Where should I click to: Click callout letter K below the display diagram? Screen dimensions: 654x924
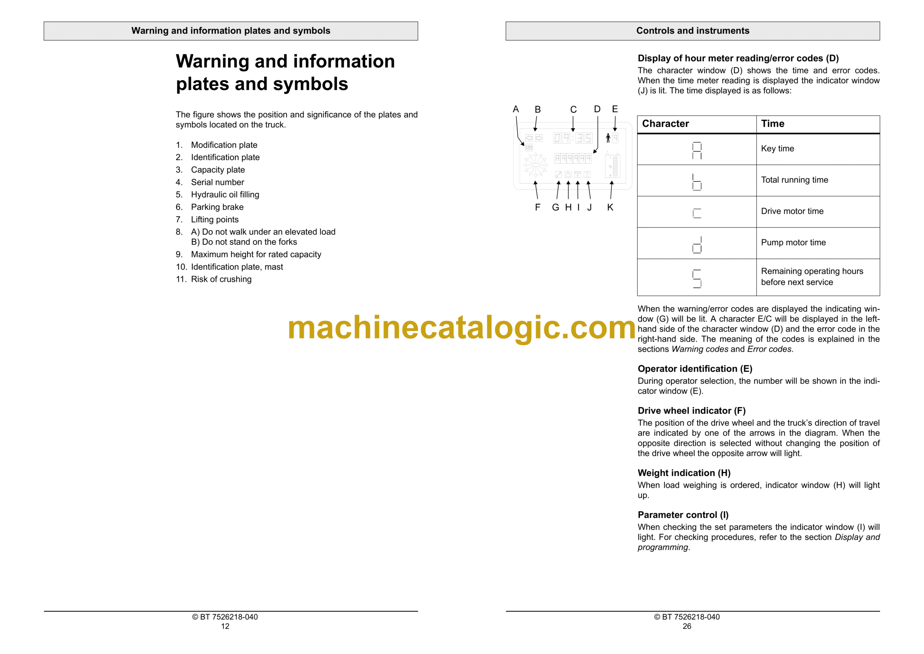click(610, 207)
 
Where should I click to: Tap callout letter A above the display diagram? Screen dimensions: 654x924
click(515, 109)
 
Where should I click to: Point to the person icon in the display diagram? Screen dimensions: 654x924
click(608, 138)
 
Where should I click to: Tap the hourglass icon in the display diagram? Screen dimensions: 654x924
click(587, 174)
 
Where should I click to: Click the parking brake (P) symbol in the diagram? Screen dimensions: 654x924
click(529, 148)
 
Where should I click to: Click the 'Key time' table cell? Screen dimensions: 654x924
click(777, 148)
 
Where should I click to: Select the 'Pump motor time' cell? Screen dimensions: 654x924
click(793, 242)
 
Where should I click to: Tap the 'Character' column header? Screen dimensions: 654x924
click(665, 124)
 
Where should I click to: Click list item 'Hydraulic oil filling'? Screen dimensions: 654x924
click(225, 195)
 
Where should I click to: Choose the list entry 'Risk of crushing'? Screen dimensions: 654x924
click(221, 279)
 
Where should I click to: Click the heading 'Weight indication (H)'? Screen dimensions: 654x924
click(684, 473)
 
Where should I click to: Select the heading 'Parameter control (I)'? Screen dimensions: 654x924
click(683, 515)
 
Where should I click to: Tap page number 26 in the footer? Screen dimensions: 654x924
click(687, 626)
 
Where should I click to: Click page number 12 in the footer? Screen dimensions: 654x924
click(225, 626)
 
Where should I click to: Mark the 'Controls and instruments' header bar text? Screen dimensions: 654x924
click(693, 31)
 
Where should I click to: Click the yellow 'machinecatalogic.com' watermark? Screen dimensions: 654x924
click(462, 328)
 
